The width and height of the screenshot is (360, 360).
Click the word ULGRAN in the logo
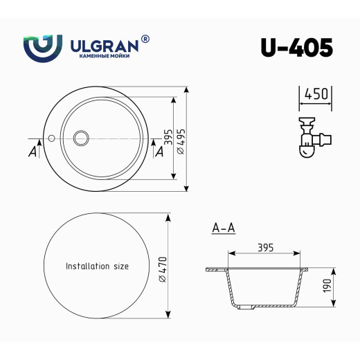[x=105, y=46]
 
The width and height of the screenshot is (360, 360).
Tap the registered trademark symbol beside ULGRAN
[x=145, y=39]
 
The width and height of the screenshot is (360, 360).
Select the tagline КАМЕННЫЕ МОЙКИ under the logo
[x=104, y=58]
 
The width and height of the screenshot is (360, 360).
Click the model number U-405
[x=296, y=47]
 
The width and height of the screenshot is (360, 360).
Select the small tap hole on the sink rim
[x=51, y=137]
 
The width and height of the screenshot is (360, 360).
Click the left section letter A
[x=33, y=152]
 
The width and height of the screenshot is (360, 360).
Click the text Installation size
[x=97, y=266]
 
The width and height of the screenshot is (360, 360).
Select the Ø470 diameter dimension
[x=162, y=267]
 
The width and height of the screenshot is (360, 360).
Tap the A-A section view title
[x=223, y=227]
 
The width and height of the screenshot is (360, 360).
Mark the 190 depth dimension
[x=327, y=285]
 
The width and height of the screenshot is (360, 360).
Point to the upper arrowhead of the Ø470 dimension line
[x=168, y=216]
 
